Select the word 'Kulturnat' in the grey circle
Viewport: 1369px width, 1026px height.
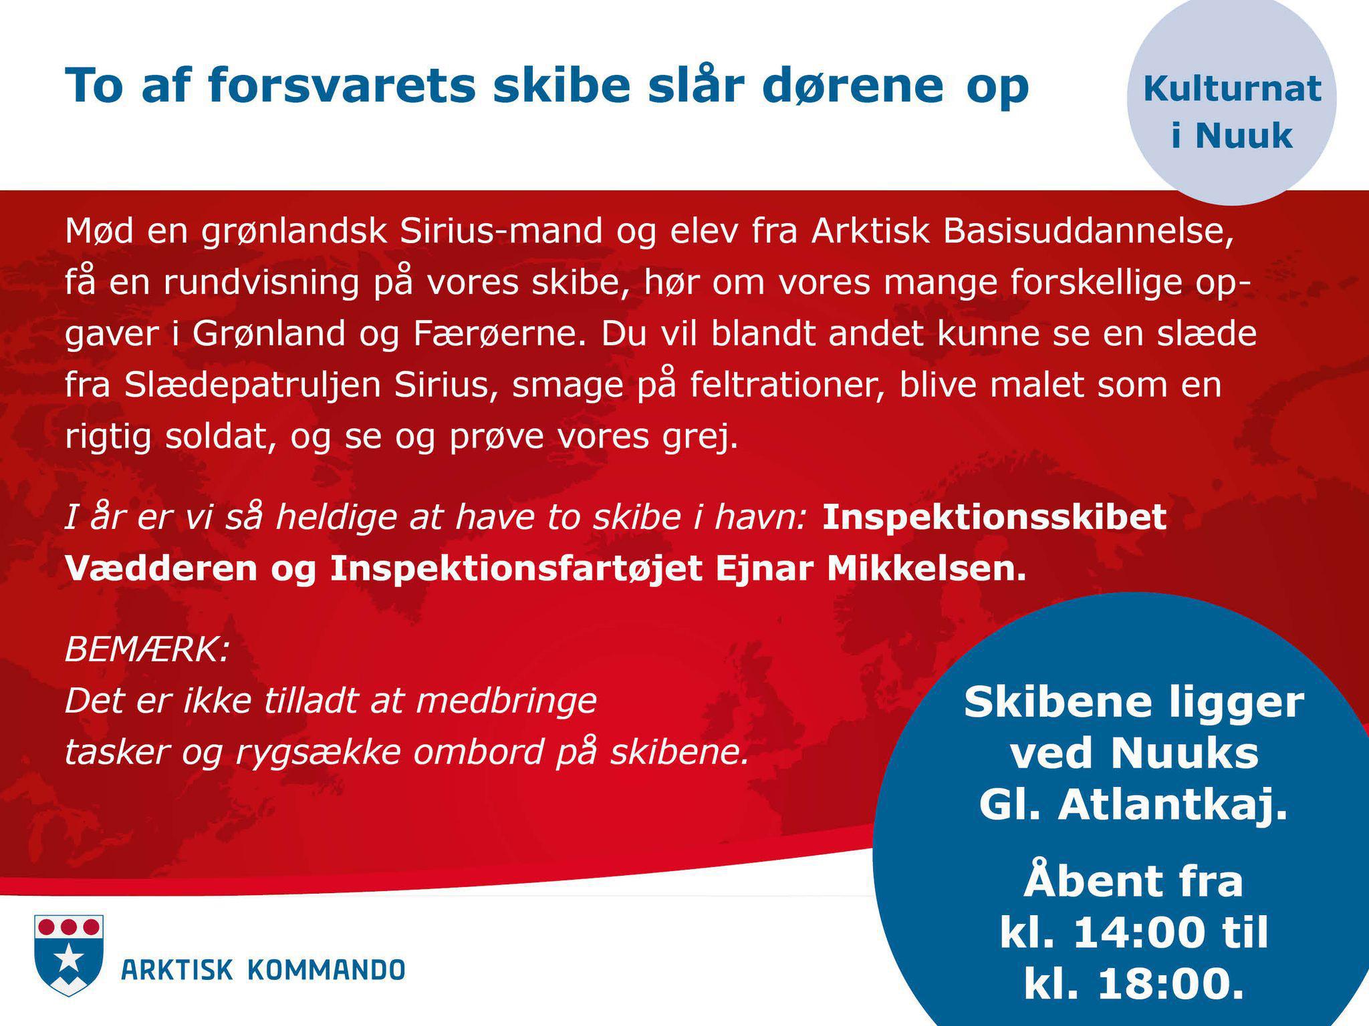pos(1232,88)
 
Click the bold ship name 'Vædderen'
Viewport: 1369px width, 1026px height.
pos(161,568)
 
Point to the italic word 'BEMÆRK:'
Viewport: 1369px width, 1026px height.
pos(147,649)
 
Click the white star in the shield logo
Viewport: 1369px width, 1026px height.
pos(69,963)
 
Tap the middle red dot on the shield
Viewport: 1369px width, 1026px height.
pos(69,927)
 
